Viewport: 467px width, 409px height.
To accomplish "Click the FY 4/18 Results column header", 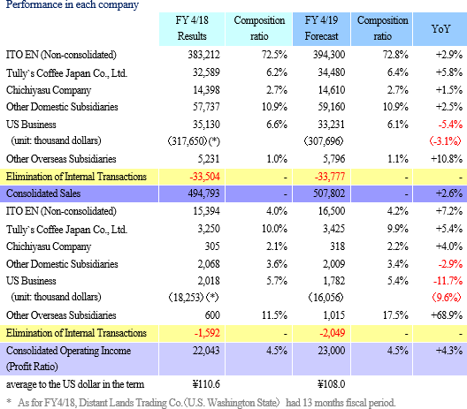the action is (x=192, y=28).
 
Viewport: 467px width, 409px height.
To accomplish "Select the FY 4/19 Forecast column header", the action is (x=321, y=28).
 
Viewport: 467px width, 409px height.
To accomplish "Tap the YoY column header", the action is (x=440, y=29).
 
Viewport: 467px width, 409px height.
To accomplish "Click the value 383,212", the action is (x=203, y=55).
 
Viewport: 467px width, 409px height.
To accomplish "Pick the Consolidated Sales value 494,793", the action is (x=203, y=193).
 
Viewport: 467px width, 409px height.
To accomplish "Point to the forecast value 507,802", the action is (x=329, y=193).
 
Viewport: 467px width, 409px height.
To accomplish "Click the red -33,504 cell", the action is (x=205, y=177).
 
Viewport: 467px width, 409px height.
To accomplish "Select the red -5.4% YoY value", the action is (x=450, y=125).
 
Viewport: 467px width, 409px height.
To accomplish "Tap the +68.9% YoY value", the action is (x=447, y=315).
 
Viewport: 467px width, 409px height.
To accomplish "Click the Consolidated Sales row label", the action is (x=43, y=193).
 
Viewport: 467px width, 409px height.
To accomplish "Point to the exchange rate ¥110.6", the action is (x=206, y=384).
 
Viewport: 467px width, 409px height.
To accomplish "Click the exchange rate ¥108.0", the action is (x=331, y=384).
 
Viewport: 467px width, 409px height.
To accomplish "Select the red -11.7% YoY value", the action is (x=448, y=281).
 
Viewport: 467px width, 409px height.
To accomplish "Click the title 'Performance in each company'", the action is (x=73, y=5).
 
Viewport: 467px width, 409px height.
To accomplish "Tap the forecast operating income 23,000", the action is (x=331, y=351).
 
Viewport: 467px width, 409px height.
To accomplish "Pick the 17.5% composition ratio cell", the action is (x=395, y=315).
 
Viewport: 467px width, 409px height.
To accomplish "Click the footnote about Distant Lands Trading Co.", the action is (x=201, y=403).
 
